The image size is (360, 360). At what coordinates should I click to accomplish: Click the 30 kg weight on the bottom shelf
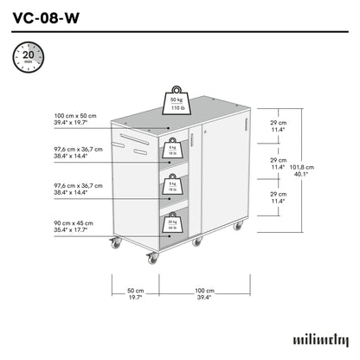pyautogui.click(x=172, y=224)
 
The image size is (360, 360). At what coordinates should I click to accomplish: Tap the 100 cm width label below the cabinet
pyautogui.click(x=204, y=292)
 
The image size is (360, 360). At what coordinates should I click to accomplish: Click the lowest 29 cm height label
pyautogui.click(x=277, y=198)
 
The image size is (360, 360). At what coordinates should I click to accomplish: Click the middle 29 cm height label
pyautogui.click(x=277, y=164)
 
